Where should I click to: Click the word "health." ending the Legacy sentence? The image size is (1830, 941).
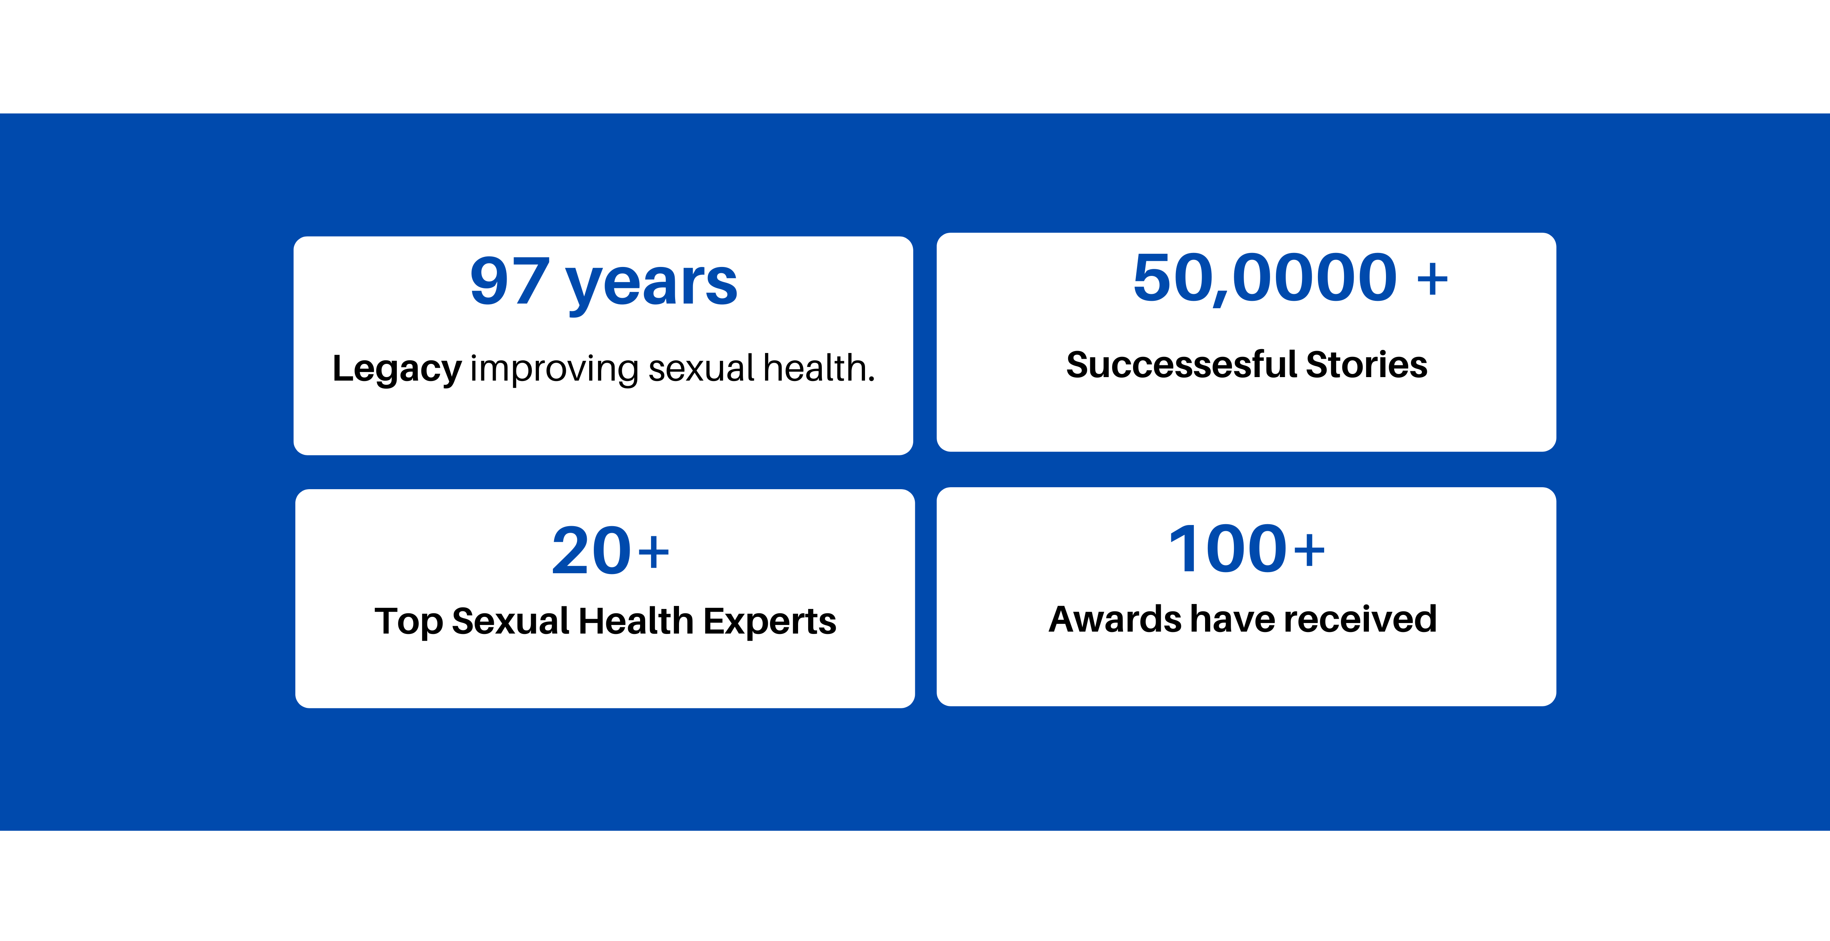pos(819,367)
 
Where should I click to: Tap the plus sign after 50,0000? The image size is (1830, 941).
pos(1432,279)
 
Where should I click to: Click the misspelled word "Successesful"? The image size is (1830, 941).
pos(1182,365)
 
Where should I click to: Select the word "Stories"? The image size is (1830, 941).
pos(1367,365)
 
